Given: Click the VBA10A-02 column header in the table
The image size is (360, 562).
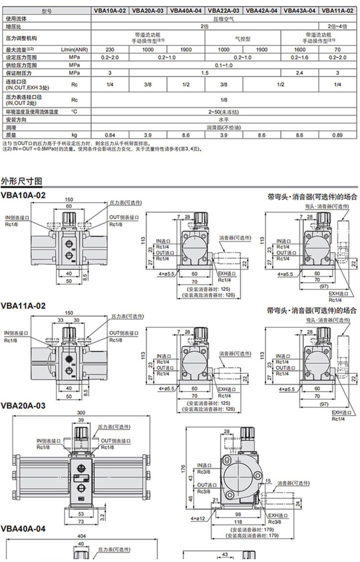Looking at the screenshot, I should pos(110,11).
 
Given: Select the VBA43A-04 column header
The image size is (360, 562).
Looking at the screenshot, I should pos(300,11).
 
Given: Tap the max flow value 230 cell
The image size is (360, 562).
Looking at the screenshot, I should pos(110,50).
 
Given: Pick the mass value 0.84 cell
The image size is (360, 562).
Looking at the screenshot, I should pos(110,135).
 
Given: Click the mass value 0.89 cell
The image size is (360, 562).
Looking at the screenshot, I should pos(337,135).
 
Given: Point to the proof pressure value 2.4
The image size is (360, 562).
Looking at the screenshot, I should pos(300,73).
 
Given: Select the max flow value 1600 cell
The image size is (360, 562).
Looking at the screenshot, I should pos(300,50).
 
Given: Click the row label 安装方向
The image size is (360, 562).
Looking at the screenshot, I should pos(16,120).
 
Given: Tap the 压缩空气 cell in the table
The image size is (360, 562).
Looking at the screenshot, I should pos(224,19).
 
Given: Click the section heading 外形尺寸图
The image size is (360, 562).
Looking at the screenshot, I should pos(21,181).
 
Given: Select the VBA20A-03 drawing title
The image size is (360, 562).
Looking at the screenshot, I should pos(23,406).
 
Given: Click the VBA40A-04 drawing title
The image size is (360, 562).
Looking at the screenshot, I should pos(23,529).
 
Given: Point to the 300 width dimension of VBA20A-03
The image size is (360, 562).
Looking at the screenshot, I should pos(81,413).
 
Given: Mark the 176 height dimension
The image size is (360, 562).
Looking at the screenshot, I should pos(183,469).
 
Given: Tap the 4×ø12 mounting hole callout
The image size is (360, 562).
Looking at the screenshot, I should pos(198,518).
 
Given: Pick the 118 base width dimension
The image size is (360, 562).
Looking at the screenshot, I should pos(238,522).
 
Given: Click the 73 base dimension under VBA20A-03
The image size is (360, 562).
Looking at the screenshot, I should pos(81,522).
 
